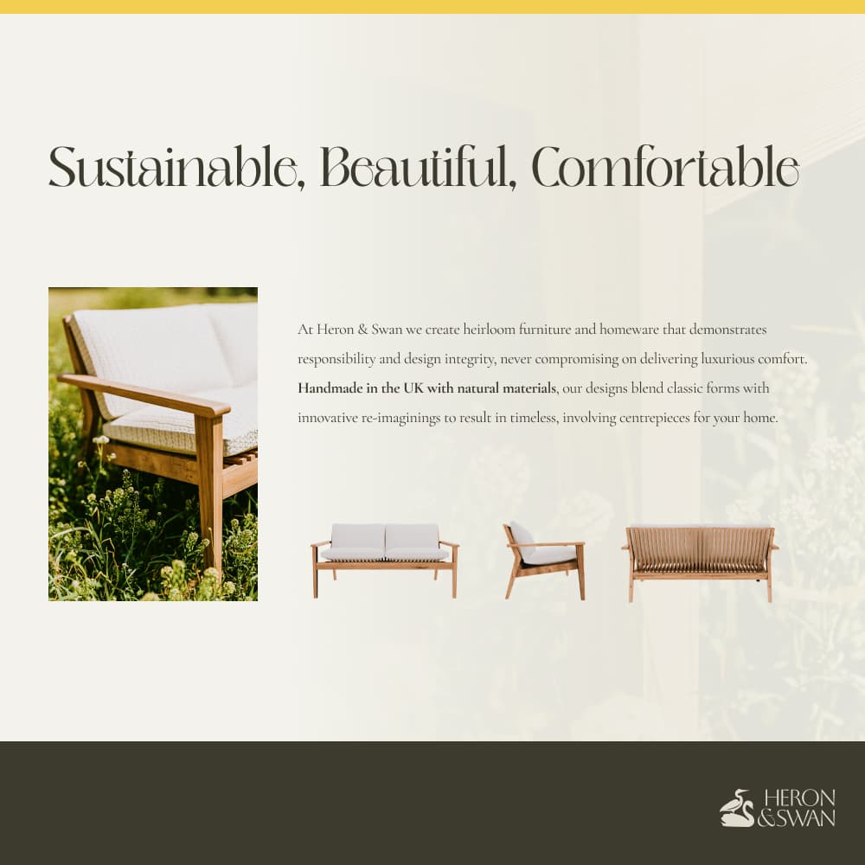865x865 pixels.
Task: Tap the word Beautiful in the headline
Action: pos(419,168)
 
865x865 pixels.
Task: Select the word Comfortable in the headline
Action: pos(666,168)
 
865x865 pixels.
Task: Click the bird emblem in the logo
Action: pos(737,808)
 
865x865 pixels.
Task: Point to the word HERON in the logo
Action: pos(799,798)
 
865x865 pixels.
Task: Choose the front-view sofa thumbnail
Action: pos(385,560)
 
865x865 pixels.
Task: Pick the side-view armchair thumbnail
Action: pos(544,560)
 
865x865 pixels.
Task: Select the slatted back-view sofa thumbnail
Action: pos(700,563)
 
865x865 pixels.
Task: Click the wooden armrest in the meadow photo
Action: pos(144,394)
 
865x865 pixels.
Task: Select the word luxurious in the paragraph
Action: pos(727,359)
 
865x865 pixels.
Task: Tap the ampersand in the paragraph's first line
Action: pos(363,330)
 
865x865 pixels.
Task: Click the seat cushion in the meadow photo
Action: pos(181,424)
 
